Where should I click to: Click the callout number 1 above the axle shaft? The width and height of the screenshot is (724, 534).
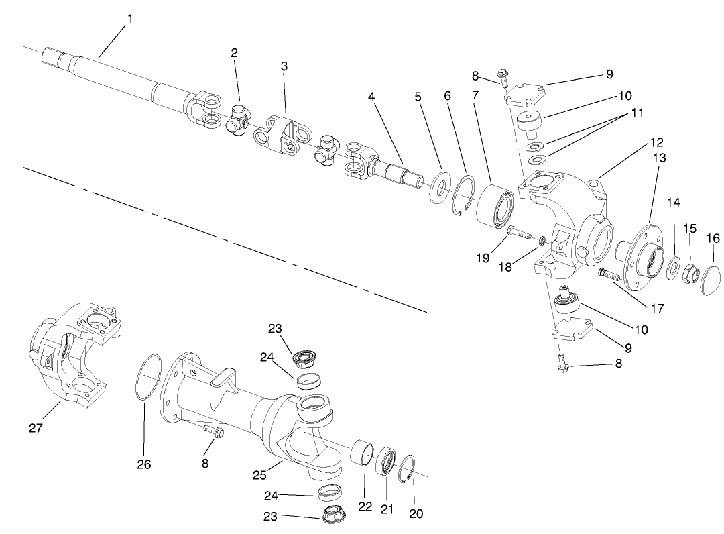(129, 19)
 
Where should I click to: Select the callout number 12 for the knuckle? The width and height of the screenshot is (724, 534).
(656, 142)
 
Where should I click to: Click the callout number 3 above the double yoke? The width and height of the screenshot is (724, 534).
(284, 66)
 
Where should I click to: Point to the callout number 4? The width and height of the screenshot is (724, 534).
(371, 96)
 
